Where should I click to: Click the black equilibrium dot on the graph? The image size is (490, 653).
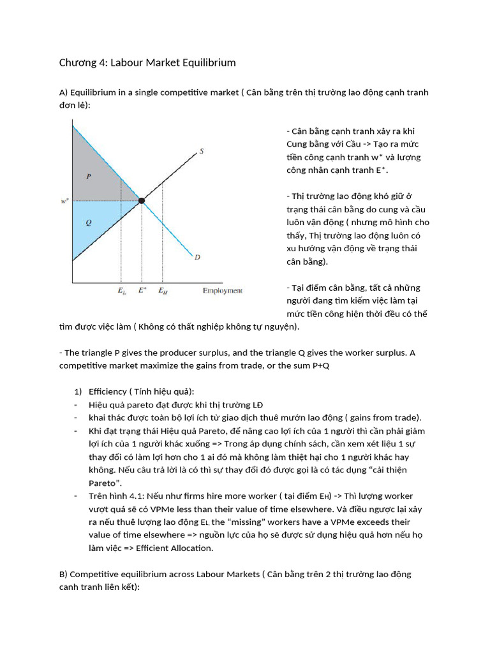pos(142,201)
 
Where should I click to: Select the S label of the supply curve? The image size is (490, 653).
pos(201,151)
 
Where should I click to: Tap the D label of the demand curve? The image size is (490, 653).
pos(197,257)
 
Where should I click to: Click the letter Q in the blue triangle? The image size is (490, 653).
pos(88,223)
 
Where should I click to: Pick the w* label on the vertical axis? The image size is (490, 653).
pos(64,201)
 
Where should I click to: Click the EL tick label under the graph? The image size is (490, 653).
pos(122,291)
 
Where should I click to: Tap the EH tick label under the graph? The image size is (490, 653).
pos(163,291)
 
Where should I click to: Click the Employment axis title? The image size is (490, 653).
pos(222,291)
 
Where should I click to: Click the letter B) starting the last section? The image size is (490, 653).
pos(63,574)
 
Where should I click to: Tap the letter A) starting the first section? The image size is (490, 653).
pos(63,92)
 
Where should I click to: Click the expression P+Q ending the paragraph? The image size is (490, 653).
pos(318,365)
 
